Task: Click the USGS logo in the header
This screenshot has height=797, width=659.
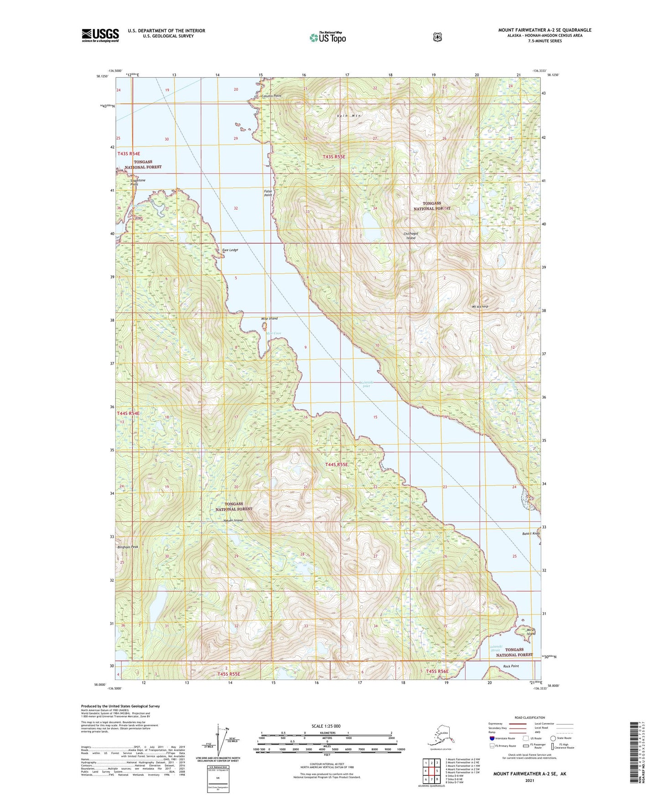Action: click(x=100, y=35)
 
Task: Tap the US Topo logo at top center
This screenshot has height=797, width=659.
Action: click(x=327, y=37)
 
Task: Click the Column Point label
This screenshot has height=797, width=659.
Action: click(x=271, y=96)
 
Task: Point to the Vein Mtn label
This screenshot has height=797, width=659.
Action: click(x=349, y=116)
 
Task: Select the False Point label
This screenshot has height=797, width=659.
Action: click(x=268, y=193)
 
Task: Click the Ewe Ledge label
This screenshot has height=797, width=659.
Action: click(x=230, y=250)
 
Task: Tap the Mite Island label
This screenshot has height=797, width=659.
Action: click(x=269, y=319)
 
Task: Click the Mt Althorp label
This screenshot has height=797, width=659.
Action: click(x=480, y=306)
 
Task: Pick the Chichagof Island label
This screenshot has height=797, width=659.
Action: click(x=410, y=236)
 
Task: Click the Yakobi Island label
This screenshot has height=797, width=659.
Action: click(x=233, y=520)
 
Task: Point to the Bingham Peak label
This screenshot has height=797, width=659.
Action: click(x=128, y=547)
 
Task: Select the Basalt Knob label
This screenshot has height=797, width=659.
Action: click(x=531, y=534)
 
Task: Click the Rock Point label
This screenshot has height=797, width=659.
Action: click(x=511, y=666)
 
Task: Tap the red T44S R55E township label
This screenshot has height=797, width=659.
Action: click(x=337, y=465)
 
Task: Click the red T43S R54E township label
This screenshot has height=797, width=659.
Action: click(x=129, y=154)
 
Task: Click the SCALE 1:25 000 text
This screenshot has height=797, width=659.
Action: click(x=326, y=726)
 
